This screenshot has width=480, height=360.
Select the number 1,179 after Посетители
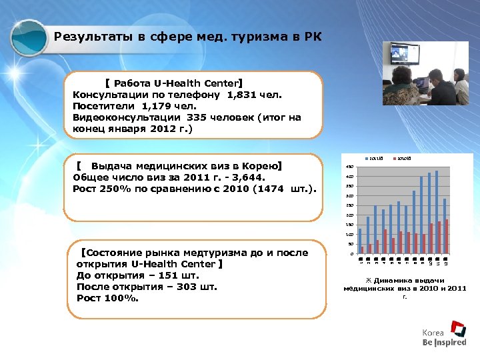pos(157,106)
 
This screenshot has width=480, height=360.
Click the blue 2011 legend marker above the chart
pos(367,157)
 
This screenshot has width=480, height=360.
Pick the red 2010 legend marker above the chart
pos(395,157)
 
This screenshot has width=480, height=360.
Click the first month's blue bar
pos(360,241)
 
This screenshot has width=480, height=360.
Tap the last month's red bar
pos(447,236)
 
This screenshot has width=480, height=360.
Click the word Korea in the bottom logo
pos(433,332)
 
